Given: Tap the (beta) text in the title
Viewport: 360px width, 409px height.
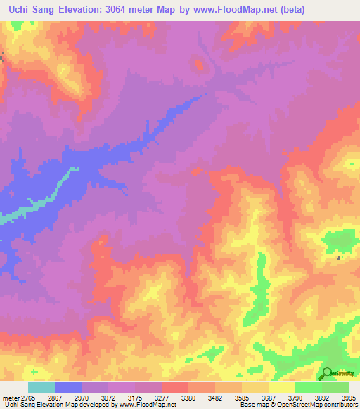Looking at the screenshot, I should pyautogui.click(x=337, y=8).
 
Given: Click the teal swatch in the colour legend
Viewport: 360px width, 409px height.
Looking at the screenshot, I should pyautogui.click(x=41, y=387).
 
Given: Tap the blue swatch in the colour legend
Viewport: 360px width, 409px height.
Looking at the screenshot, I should pyautogui.click(x=68, y=387).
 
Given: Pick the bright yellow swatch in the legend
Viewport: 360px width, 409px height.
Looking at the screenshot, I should pyautogui.click(x=282, y=387).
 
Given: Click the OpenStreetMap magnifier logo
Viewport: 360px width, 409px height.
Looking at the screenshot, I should pyautogui.click(x=328, y=374).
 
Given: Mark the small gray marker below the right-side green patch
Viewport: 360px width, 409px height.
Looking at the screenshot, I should pyautogui.click(x=339, y=258).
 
